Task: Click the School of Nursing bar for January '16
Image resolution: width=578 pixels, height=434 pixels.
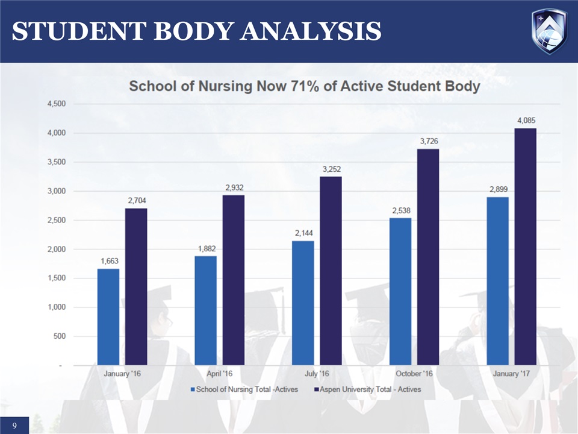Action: [108, 316]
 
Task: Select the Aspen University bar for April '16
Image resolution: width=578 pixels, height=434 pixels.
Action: [234, 280]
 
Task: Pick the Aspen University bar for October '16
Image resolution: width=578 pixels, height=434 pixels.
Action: [428, 257]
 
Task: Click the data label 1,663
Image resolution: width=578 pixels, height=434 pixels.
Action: [108, 261]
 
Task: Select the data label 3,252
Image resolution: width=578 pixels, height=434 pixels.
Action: [331, 169]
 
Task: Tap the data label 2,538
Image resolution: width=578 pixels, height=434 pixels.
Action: [400, 210]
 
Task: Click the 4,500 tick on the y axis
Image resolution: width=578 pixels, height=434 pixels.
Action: [57, 104]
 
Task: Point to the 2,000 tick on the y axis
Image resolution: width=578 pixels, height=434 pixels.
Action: [57, 250]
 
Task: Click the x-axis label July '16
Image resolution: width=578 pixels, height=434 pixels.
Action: [317, 374]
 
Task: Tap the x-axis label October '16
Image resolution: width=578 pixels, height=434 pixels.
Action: [414, 374]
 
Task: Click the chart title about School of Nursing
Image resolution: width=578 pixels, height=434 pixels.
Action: [305, 86]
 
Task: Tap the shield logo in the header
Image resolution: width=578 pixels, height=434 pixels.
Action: [548, 31]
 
